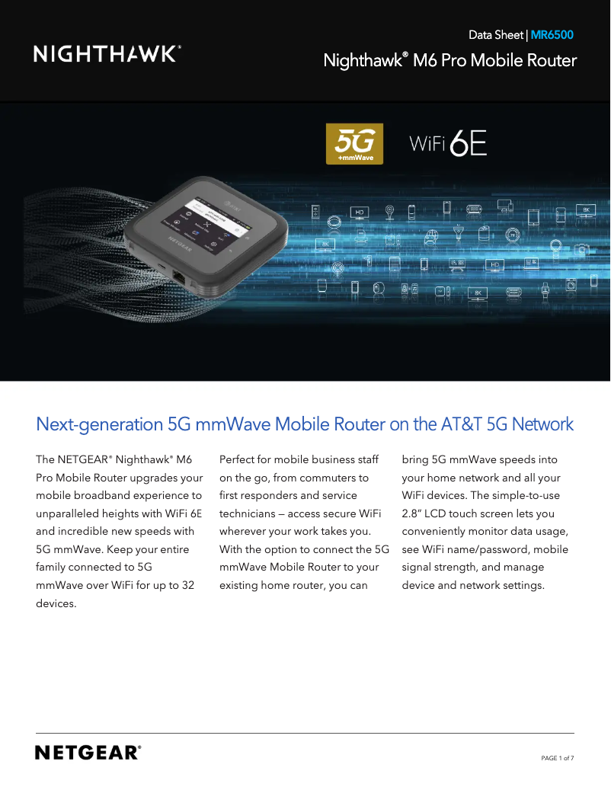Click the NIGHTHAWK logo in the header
tap(107, 53)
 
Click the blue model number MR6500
tap(552, 35)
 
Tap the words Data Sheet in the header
tap(496, 35)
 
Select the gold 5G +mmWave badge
tap(354, 143)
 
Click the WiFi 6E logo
tap(448, 143)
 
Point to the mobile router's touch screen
tap(217, 221)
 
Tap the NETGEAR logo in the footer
tap(88, 753)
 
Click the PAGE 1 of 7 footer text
tap(557, 758)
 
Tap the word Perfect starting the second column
tap(238, 460)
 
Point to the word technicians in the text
tap(249, 513)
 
